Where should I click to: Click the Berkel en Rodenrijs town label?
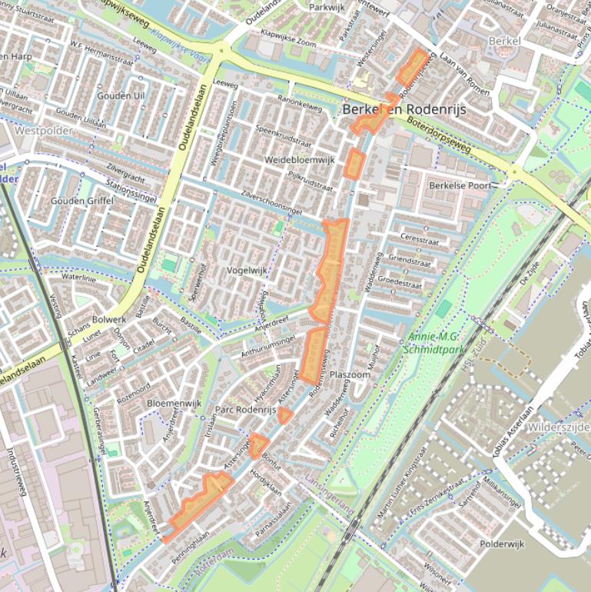[x=403, y=110]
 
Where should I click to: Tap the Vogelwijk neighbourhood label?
[x=246, y=271]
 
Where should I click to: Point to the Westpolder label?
[x=44, y=131]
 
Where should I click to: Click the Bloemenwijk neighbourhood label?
[x=174, y=402]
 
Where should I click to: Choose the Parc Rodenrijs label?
[x=245, y=410]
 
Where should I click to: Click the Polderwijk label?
[x=501, y=544]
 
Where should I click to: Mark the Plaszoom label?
[x=350, y=375]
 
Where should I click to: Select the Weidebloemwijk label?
[x=300, y=159]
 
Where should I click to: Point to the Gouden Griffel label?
[x=82, y=201]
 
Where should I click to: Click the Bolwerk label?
[x=108, y=318]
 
